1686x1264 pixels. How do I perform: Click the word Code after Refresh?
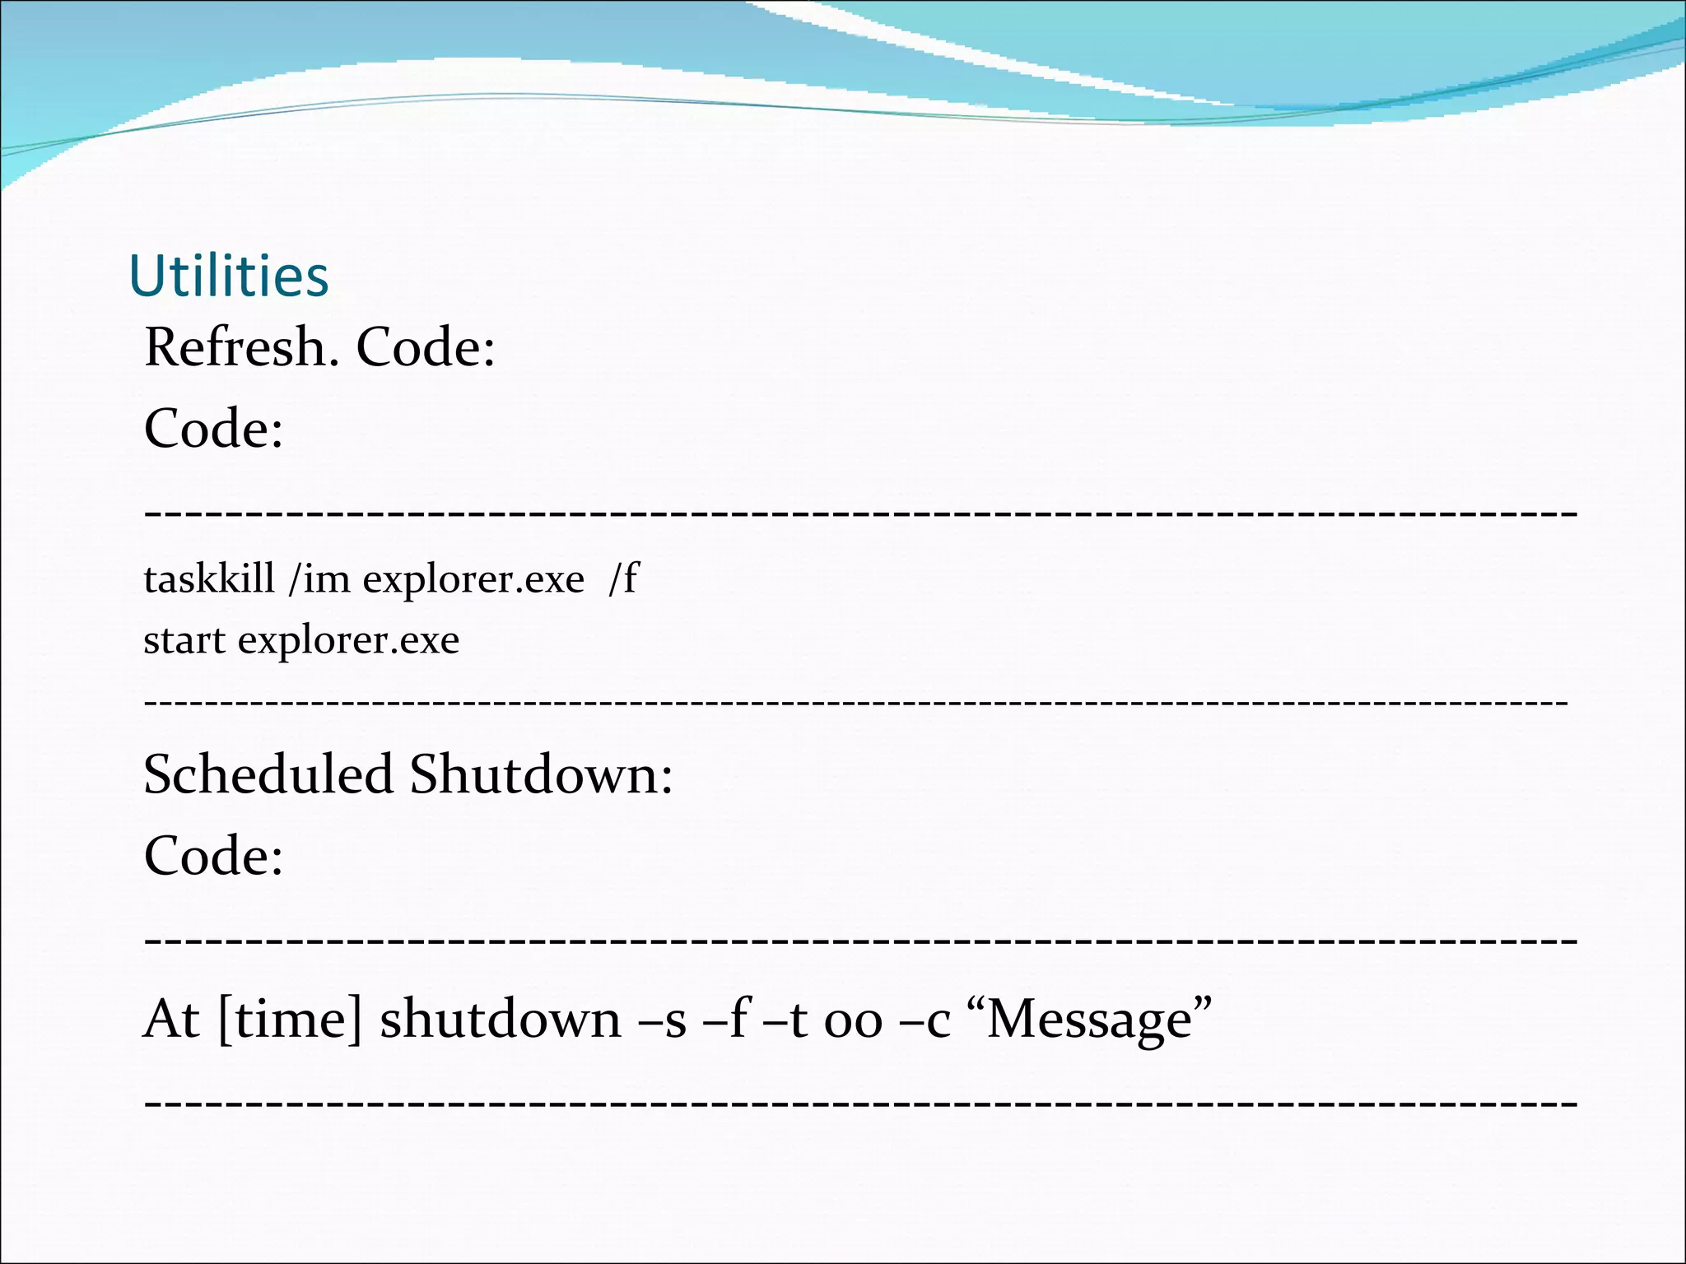pos(425,346)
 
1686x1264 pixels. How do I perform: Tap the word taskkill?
pos(209,579)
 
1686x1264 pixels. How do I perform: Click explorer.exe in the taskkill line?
pos(473,580)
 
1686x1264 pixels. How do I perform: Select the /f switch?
pos(623,579)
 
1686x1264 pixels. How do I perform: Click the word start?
pos(184,640)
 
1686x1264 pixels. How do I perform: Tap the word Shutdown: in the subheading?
pos(541,774)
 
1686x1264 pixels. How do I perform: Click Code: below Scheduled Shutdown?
pos(213,856)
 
